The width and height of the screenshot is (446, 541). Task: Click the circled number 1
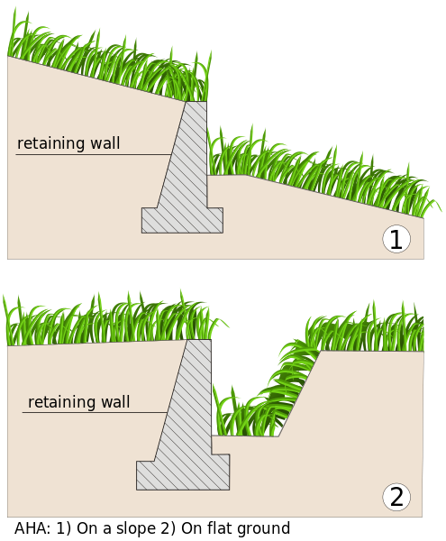396,239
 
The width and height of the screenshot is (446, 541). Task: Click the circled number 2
396,497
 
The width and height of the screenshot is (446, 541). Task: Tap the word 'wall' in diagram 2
114,402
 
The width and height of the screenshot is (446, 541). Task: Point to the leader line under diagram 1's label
90,154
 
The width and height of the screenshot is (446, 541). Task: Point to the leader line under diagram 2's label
95,413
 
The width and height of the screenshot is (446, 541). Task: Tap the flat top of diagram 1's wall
196,102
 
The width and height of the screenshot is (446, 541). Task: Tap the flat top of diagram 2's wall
198,340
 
